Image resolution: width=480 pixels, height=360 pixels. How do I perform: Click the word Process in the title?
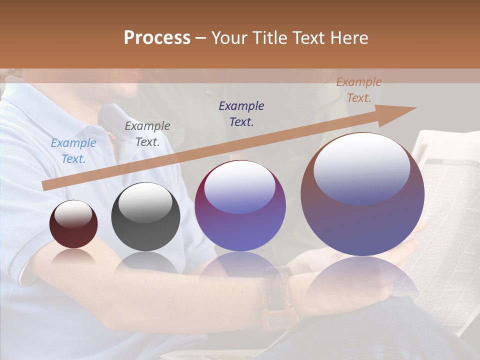coord(157,38)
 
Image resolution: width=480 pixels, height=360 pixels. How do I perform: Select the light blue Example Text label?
coord(73,151)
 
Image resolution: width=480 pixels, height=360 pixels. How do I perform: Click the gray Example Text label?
coord(147,134)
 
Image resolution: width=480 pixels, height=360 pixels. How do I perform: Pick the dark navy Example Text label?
coord(241,113)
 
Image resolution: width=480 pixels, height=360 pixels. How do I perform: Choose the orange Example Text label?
coord(359,90)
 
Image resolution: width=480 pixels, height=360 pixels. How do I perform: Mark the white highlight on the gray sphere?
coord(145,202)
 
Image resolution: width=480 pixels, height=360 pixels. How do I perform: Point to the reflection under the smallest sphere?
coord(73,257)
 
